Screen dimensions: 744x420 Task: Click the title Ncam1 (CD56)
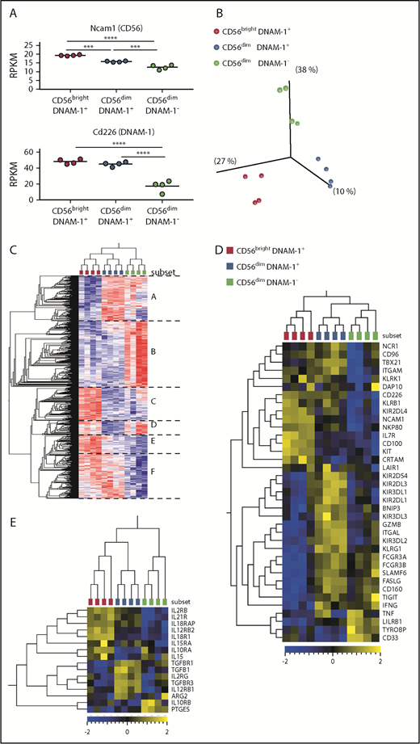point(119,27)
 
